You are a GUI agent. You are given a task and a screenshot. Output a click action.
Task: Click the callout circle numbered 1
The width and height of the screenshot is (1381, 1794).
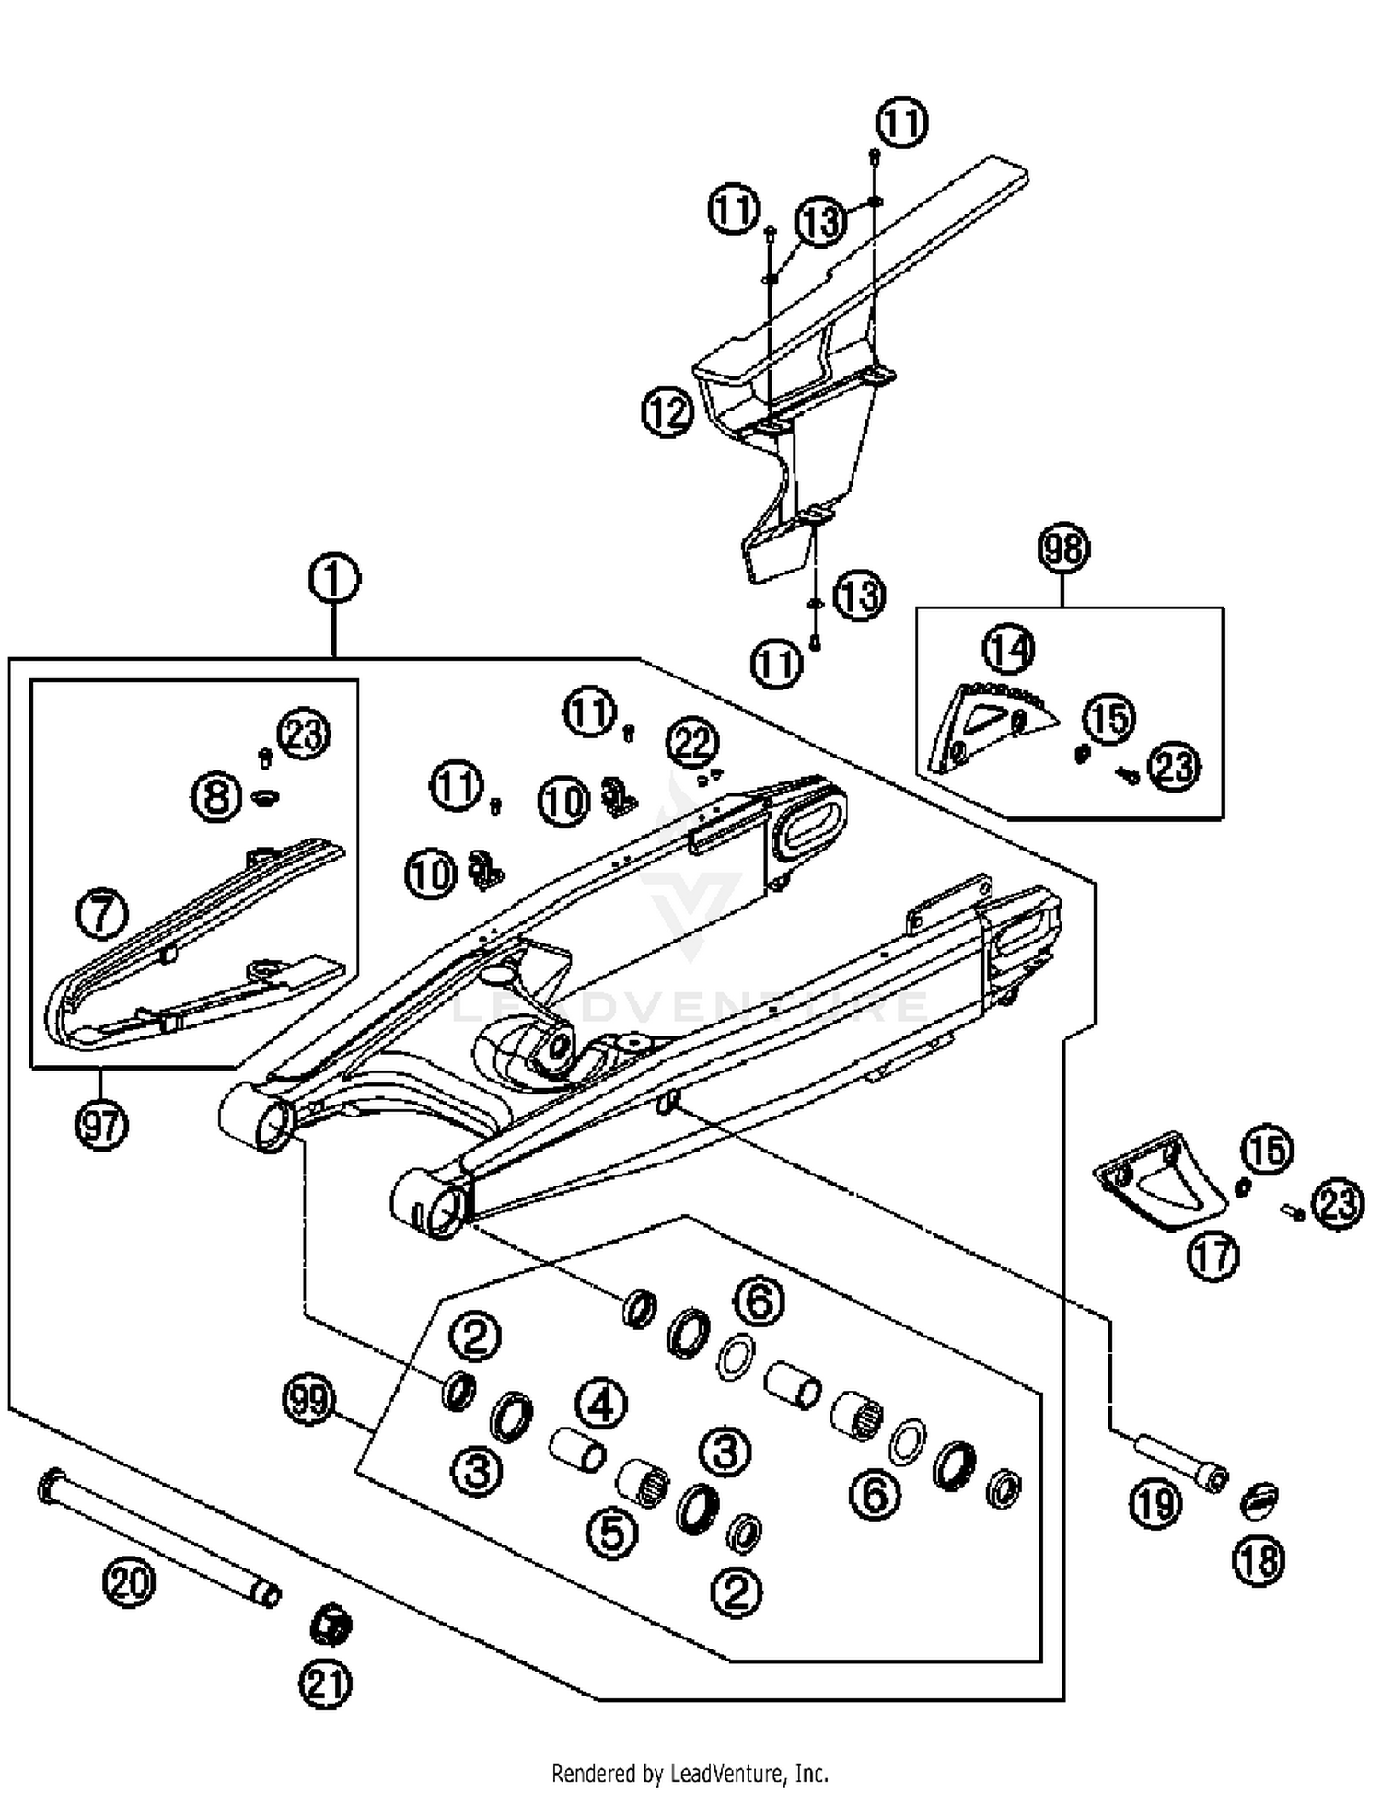click(x=333, y=580)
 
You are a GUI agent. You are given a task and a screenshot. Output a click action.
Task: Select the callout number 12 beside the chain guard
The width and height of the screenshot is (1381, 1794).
click(x=667, y=411)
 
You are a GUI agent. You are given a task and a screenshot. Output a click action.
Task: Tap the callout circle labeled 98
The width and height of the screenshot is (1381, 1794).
click(x=1063, y=549)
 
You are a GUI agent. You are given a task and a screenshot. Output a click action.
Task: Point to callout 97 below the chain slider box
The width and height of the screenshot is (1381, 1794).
click(x=101, y=1124)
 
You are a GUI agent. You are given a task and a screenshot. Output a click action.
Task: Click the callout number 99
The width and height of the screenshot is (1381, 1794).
click(x=308, y=1400)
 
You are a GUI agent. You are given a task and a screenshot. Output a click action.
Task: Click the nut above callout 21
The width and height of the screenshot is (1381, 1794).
click(x=331, y=1626)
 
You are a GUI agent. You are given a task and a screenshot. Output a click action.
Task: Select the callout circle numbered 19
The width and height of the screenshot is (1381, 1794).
click(x=1155, y=1504)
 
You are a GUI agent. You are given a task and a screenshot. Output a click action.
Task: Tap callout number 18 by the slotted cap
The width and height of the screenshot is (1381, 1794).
click(x=1259, y=1560)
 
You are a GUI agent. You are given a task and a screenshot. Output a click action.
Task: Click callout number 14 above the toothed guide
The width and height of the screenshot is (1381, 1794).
click(x=1008, y=649)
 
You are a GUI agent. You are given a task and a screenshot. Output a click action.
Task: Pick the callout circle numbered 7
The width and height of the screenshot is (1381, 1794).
click(x=101, y=914)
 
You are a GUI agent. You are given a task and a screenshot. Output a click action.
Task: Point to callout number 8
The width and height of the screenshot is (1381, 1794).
click(x=217, y=796)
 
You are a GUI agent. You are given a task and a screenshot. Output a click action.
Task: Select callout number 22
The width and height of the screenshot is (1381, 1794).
click(x=692, y=742)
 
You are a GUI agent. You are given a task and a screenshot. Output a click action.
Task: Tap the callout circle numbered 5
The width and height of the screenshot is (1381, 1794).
click(x=612, y=1534)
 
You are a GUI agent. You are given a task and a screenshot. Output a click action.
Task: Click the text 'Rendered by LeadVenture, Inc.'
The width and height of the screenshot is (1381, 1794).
click(x=690, y=1773)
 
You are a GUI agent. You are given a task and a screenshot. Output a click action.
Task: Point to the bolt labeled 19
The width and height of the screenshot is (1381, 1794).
click(x=1178, y=1463)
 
